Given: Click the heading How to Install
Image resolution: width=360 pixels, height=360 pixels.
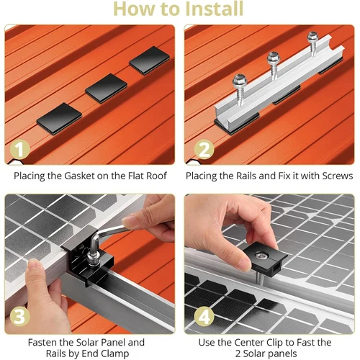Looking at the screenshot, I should click(179, 9).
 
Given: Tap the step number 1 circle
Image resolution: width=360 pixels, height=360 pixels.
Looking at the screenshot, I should click(21, 149).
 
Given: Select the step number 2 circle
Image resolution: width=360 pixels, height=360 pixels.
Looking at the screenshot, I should click(203, 149).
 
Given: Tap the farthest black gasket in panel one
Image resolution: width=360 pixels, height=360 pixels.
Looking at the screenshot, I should click(145, 63).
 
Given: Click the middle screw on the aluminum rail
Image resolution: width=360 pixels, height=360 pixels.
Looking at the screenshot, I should click(274, 59).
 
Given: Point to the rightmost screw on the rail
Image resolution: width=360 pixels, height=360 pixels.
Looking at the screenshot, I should click(312, 37).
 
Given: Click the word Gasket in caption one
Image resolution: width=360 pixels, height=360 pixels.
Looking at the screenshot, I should click(79, 176).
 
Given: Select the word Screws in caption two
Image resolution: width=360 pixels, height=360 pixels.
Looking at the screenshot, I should click(335, 176).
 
